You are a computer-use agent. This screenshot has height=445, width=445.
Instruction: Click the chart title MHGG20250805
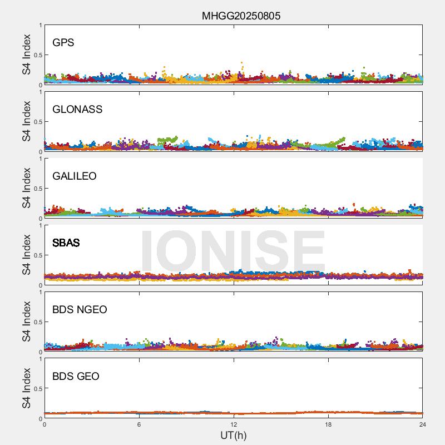pos(241,16)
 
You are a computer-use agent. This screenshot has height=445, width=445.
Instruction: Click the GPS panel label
pos(63,43)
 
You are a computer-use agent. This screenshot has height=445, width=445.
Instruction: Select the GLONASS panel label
pos(77,110)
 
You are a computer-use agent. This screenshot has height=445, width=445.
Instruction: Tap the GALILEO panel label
pos(75,176)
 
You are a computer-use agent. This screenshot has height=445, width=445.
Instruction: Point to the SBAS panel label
pos(66,243)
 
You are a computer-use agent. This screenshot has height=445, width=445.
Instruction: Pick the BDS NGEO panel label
pos(80,310)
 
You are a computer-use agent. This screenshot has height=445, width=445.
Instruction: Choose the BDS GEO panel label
pos(76,377)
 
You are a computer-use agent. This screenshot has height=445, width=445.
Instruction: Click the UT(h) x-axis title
pos(233,435)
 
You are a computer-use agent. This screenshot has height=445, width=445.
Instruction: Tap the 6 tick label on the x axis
pos(139,424)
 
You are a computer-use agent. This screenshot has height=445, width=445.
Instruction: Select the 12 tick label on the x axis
pos(234,424)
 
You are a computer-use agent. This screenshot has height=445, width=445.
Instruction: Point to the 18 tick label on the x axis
pos(328,424)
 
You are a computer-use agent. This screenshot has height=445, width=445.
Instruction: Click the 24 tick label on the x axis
pos(422,424)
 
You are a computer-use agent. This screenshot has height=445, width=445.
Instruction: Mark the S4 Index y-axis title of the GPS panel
pos(27,55)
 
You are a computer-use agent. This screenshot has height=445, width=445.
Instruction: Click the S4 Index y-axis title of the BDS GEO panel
pos(27,388)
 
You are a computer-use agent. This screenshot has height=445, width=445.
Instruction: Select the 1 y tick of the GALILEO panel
pos(40,159)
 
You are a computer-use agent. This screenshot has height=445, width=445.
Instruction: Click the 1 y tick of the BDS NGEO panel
pos(40,293)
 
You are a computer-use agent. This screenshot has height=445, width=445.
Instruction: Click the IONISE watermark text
pos(233,251)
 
